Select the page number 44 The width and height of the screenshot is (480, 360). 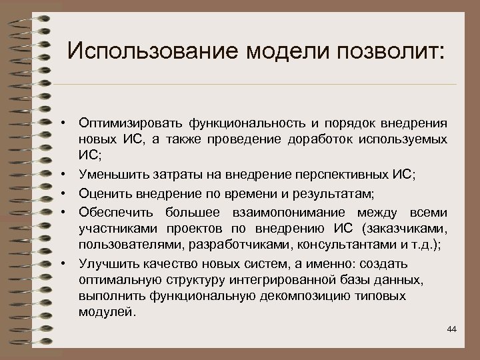pos(452,329)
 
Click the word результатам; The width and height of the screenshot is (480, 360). pos(336,193)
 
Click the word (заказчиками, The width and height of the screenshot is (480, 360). pos(406,229)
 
